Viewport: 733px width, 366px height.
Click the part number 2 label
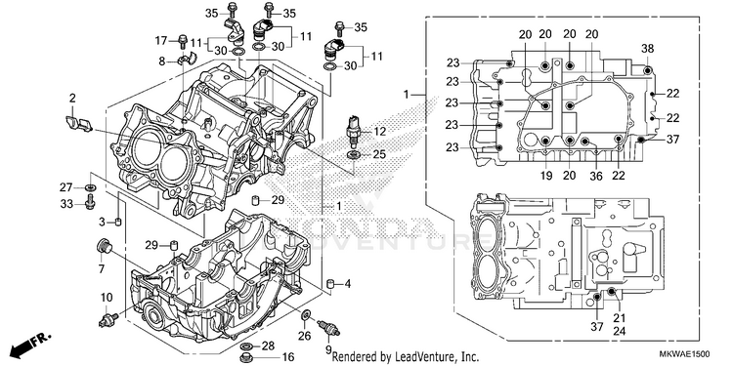[x=72, y=98]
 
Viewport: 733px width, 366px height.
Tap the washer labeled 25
[x=354, y=154]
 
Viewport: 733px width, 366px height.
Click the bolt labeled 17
[x=183, y=42]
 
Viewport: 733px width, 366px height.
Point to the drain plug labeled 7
[x=104, y=246]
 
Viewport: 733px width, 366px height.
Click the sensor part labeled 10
[x=108, y=320]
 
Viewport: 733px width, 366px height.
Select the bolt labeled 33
[x=91, y=202]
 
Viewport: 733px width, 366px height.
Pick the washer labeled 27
[x=91, y=187]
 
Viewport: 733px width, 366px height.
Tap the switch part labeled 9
[x=328, y=328]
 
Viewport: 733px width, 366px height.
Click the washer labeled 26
[x=306, y=315]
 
